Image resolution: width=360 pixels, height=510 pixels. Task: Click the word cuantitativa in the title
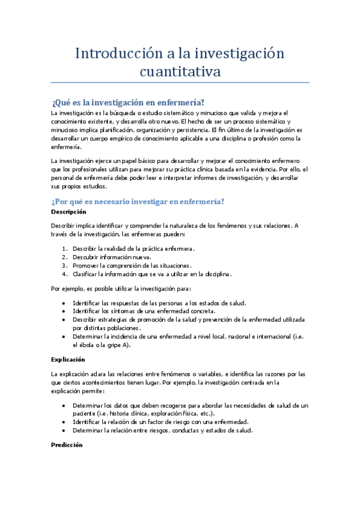pyautogui.click(x=180, y=72)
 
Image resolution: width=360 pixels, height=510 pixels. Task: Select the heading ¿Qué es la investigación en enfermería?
pyautogui.click(x=128, y=102)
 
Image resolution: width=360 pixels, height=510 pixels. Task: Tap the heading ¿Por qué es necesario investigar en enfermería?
pyautogui.click(x=138, y=201)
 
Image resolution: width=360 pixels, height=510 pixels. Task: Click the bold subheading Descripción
pyautogui.click(x=68, y=212)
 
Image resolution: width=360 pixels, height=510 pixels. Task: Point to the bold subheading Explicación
pyautogui.click(x=67, y=359)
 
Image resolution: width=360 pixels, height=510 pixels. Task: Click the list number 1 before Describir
pyautogui.click(x=65, y=248)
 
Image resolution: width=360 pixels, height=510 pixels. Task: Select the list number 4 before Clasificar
pyautogui.click(x=65, y=274)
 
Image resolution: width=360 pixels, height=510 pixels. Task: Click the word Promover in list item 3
pyautogui.click(x=87, y=265)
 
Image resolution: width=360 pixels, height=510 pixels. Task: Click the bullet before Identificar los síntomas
pyautogui.click(x=64, y=311)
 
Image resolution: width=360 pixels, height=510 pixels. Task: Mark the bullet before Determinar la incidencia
pyautogui.click(x=64, y=337)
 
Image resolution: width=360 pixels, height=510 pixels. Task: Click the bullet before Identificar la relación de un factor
pyautogui.click(x=64, y=422)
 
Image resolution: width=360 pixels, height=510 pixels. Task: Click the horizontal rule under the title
pyautogui.click(x=180, y=82)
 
